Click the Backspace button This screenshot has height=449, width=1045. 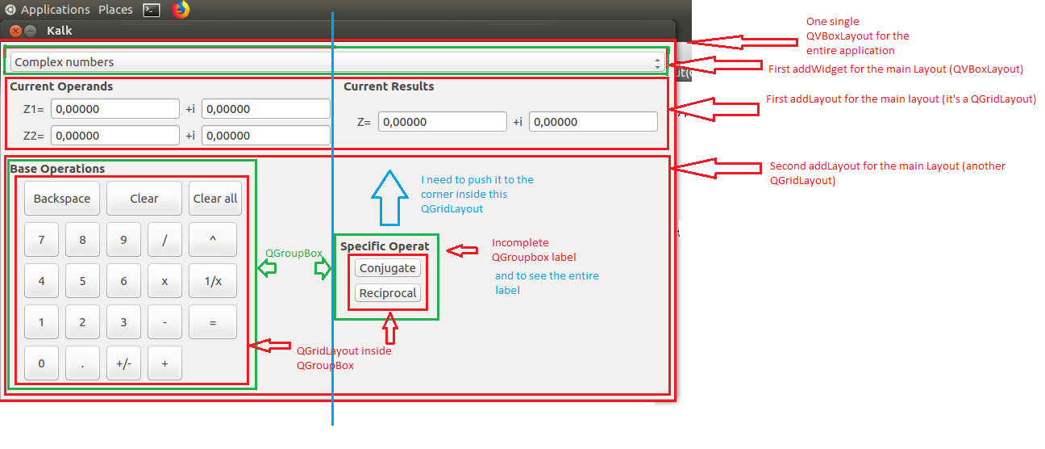(x=62, y=199)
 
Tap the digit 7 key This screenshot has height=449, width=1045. (x=42, y=240)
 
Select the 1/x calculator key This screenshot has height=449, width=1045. (x=213, y=281)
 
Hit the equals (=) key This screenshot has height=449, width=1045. (x=213, y=322)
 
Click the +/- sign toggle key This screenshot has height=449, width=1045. (x=123, y=363)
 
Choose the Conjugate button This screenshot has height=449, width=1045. (x=388, y=268)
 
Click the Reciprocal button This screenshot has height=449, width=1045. (x=388, y=293)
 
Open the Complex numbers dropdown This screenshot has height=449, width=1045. (x=337, y=62)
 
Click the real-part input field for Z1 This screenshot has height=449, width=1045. (x=114, y=109)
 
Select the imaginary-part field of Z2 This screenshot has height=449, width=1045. (x=265, y=135)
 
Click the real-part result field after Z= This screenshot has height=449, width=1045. (x=442, y=122)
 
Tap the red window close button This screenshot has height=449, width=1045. (x=15, y=31)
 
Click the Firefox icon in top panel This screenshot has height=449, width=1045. (x=181, y=10)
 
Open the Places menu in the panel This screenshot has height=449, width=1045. (x=115, y=10)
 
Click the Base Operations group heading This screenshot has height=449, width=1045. (x=57, y=169)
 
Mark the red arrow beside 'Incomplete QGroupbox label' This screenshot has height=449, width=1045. (x=462, y=250)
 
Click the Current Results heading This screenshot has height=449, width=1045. (x=389, y=86)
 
